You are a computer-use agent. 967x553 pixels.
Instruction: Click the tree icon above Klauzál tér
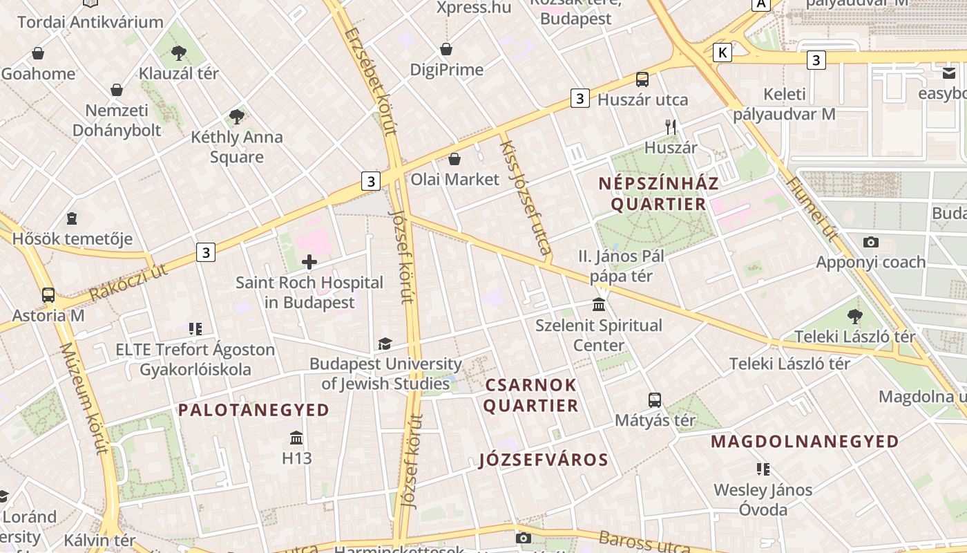tap(179, 53)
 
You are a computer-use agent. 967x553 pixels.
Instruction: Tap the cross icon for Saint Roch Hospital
tap(309, 261)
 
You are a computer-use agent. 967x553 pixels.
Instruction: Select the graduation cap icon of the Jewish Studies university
tap(385, 344)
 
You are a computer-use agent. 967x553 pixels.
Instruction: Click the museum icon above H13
tap(297, 438)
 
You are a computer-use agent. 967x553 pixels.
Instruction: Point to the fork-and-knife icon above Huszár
tap(670, 126)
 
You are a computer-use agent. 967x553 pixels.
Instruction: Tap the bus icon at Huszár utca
tap(642, 79)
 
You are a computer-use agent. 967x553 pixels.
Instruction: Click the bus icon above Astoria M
tap(48, 294)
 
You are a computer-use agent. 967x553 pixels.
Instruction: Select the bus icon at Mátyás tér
tap(655, 400)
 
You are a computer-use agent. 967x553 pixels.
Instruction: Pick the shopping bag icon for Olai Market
tap(454, 159)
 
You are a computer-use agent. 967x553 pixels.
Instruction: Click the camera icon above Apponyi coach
tap(871, 241)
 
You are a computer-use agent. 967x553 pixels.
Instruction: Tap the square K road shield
tap(722, 52)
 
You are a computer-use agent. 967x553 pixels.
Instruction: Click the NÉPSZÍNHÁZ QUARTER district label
tap(659, 194)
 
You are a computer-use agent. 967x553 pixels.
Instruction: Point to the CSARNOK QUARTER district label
tap(530, 395)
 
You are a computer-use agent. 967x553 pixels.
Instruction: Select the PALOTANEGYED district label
tap(253, 410)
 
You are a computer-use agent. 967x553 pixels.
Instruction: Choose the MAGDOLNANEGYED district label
tap(805, 441)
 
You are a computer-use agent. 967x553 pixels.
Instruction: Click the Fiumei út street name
tap(812, 209)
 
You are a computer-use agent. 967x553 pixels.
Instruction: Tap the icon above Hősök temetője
tap(72, 219)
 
